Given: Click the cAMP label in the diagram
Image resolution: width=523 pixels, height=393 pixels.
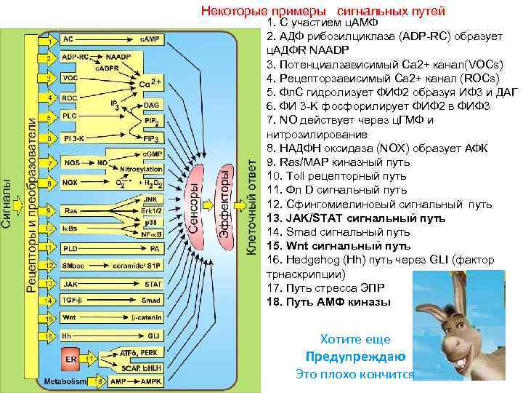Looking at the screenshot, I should [151, 39].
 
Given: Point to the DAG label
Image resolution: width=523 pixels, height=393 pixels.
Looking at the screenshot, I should [153, 105].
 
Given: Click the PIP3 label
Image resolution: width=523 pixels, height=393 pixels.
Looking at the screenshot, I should [152, 138].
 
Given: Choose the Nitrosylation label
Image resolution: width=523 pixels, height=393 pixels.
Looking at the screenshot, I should [147, 169].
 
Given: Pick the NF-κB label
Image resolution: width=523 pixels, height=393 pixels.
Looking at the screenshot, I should [152, 234].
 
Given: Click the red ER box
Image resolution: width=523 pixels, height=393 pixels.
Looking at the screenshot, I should [71, 359].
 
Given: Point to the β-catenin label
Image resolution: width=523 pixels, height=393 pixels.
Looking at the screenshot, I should [147, 317].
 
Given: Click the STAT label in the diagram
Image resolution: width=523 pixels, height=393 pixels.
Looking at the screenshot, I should [153, 284].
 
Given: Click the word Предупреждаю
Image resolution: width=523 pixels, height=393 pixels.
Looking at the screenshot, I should [355, 357].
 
